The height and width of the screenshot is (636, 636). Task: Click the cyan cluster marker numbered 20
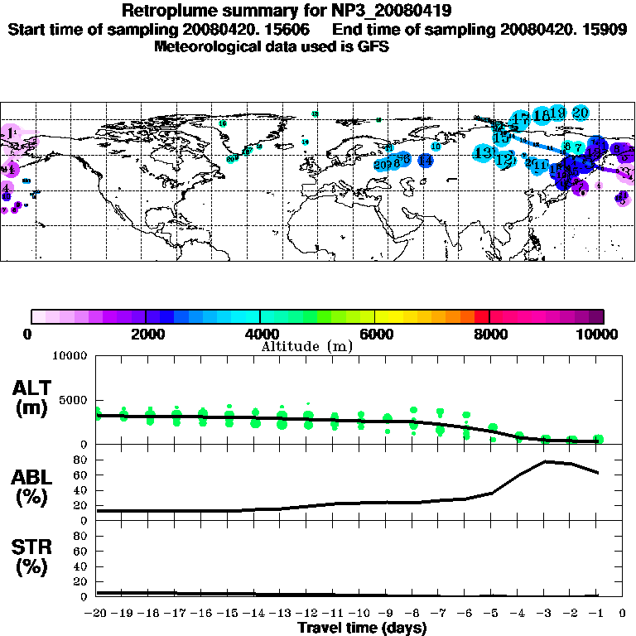(580, 113)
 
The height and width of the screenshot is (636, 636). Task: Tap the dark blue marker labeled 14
(425, 161)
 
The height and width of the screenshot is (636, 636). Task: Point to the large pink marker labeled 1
(11, 132)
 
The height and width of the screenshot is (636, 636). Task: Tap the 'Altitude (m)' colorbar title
(307, 345)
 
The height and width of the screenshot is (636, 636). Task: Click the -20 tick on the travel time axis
(98, 614)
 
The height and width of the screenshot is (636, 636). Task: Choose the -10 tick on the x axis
(360, 614)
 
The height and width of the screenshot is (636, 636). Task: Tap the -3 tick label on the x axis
(544, 614)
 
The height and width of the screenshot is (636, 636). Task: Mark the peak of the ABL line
(547, 461)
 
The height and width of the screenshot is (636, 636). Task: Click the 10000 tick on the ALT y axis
(71, 356)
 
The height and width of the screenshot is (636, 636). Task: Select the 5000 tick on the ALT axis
(75, 400)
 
